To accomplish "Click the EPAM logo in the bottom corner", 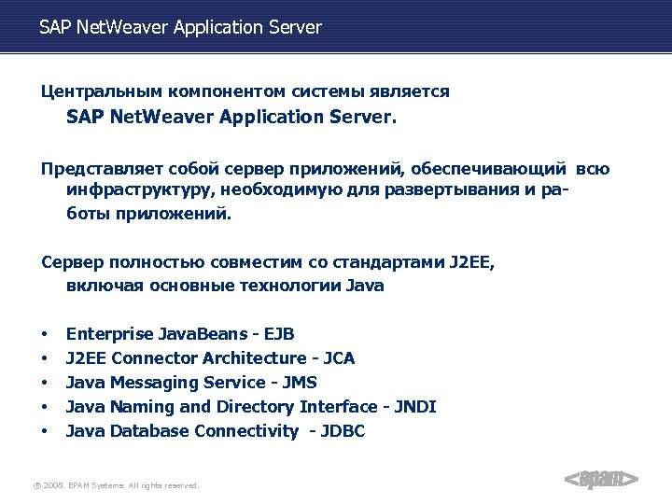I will tap(601, 480).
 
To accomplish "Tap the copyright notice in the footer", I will tap(115, 485).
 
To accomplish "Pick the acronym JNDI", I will tap(415, 407).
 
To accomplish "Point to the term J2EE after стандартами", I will tap(469, 262).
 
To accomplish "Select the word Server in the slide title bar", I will tap(296, 28).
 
